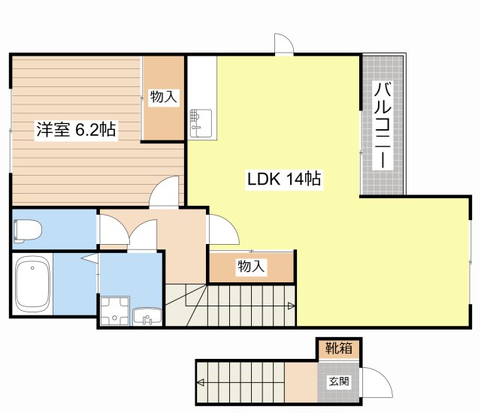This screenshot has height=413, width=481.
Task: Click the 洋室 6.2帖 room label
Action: point(76,130)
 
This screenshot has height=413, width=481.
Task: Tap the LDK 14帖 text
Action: point(284,179)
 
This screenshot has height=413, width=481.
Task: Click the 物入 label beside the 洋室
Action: point(163,97)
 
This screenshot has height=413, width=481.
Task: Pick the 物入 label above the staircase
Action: point(251,266)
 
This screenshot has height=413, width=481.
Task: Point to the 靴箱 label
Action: point(338,348)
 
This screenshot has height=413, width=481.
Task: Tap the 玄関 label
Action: point(338,381)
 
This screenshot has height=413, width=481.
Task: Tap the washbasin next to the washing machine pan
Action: point(147,317)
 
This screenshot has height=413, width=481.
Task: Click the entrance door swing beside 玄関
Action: point(377,384)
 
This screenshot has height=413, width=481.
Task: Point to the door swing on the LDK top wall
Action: point(284,45)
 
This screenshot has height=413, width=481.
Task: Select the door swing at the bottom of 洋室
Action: point(164,191)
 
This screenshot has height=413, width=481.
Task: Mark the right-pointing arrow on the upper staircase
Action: point(291,306)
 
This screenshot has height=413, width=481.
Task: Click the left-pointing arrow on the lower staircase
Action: point(201,381)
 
